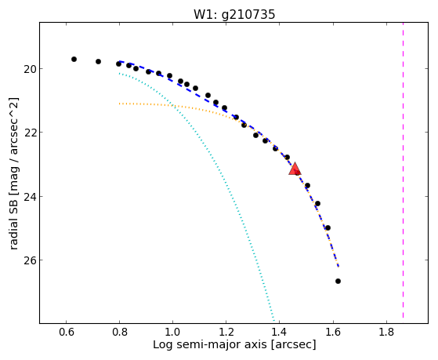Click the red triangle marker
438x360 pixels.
tap(295, 169)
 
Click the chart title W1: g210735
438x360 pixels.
tap(234, 15)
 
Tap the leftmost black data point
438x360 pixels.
tap(74, 59)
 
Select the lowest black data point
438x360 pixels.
tap(338, 281)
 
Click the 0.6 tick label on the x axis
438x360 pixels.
tap(66, 332)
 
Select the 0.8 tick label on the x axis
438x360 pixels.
tap(120, 332)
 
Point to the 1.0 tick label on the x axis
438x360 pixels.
tap(172, 332)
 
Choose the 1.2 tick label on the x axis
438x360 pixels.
tap(226, 332)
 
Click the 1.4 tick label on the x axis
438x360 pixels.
tap(280, 332)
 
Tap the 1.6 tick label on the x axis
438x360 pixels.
tap(333, 332)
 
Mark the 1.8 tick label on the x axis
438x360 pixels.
tap(386, 332)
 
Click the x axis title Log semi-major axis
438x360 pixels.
tap(210, 345)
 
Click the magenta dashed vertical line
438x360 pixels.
tap(403, 170)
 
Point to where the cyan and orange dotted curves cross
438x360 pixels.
tap(172, 105)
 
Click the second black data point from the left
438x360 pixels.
tap(98, 61)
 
